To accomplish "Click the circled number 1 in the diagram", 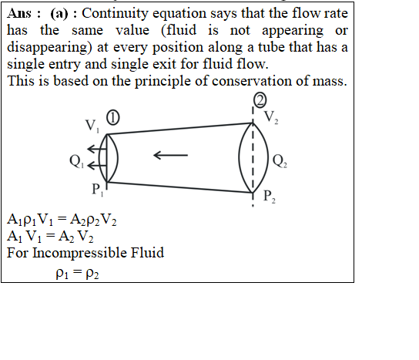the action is (112, 118).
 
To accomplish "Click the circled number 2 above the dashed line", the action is (260, 100).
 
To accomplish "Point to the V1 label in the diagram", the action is (92, 126).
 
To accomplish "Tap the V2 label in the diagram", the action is (271, 117).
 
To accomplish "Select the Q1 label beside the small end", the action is (77, 162).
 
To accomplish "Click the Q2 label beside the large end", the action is (280, 161).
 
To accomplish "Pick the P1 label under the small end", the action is (98, 190).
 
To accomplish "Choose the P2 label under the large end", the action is (270, 197).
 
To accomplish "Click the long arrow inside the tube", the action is (170, 155).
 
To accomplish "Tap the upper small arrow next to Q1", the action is (97, 149).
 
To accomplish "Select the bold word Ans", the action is (19, 13).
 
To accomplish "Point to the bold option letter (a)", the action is (59, 13).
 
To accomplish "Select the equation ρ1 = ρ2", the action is (77, 274).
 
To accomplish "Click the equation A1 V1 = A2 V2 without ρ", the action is (50, 237).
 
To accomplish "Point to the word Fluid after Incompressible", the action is (147, 253).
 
